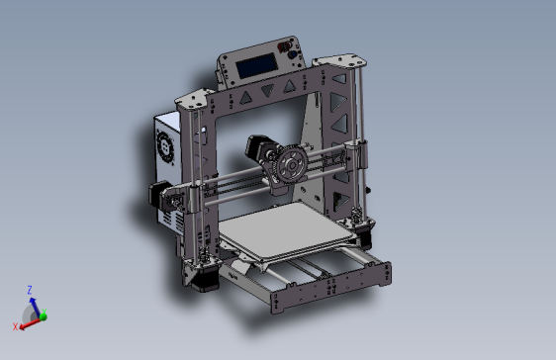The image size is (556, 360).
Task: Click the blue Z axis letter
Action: click(31, 290)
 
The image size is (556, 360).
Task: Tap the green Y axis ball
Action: click(43, 317)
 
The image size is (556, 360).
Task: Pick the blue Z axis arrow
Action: click(32, 303)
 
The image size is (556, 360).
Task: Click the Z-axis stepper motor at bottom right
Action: click(363, 234)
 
